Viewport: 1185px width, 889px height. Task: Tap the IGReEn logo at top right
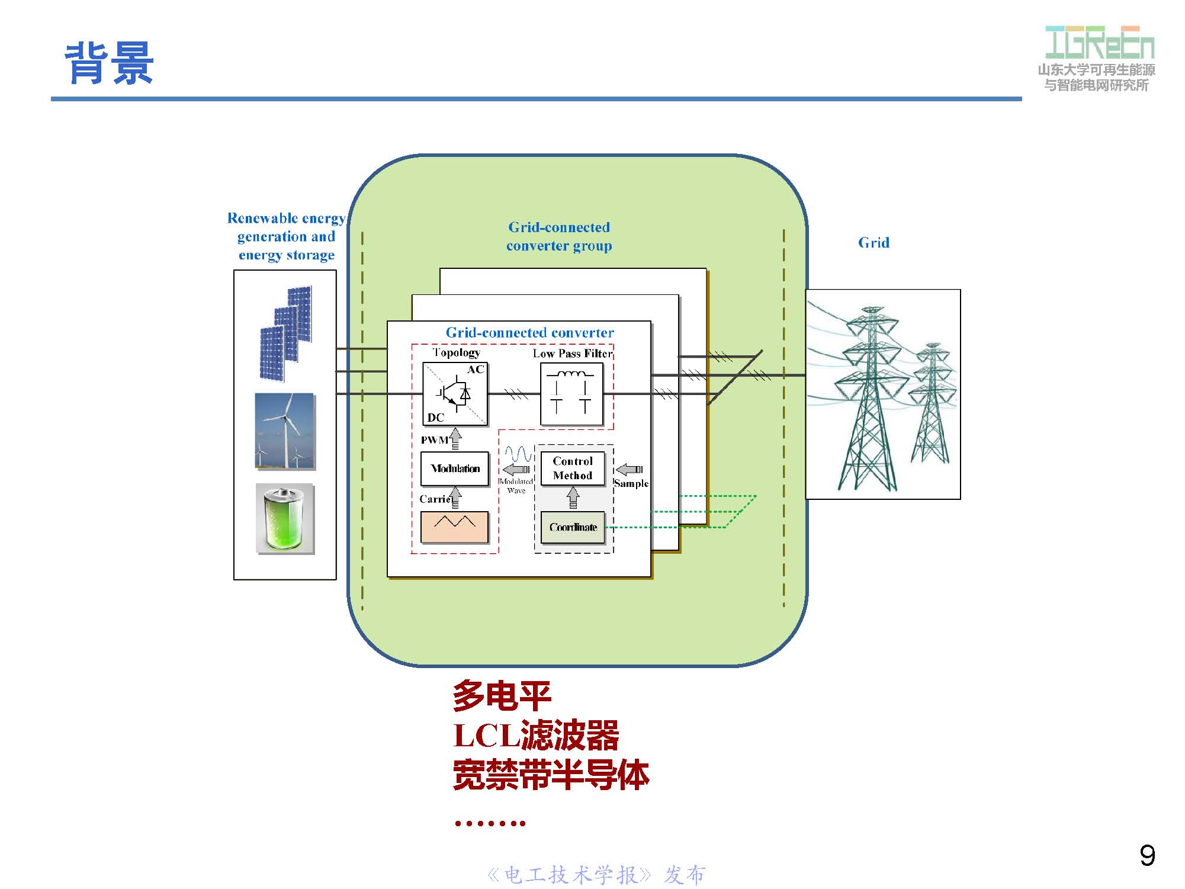pos(1099,43)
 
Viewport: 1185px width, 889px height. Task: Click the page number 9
pos(1147,856)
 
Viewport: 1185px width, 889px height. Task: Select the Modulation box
pos(455,468)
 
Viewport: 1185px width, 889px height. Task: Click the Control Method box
pos(572,468)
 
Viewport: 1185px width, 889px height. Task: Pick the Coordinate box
pos(573,527)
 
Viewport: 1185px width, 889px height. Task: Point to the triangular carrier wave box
pos(454,527)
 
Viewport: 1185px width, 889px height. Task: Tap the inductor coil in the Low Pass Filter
pos(570,374)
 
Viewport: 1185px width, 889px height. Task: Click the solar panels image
pos(285,333)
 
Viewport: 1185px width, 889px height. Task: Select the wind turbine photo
pos(284,431)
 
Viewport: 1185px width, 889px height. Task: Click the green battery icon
pos(285,519)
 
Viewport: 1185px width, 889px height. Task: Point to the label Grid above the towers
pos(873,243)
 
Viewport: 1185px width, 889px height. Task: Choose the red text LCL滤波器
pos(536,736)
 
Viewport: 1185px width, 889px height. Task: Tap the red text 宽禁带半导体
pos(551,775)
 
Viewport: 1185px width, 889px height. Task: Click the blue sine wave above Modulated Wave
pos(518,454)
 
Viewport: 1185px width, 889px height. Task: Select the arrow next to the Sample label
pos(630,470)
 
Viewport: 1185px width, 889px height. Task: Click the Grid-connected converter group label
pos(558,236)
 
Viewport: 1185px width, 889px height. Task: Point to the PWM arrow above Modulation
pos(455,439)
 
